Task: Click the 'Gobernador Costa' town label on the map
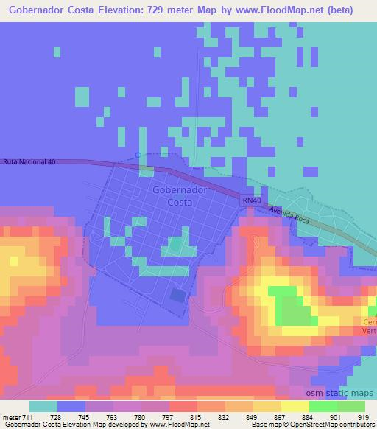tap(180, 195)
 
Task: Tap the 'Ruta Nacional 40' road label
tap(30, 161)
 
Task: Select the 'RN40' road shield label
tap(251, 200)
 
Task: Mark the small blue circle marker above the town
tap(138, 155)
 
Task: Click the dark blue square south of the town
tap(178, 296)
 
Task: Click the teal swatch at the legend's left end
tap(43, 405)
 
